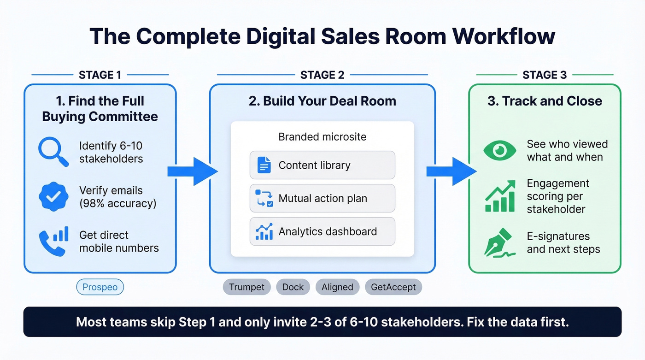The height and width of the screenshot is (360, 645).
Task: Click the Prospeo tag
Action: point(100,287)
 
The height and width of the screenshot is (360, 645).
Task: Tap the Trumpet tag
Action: point(246,287)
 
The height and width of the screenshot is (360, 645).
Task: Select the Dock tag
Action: point(293,287)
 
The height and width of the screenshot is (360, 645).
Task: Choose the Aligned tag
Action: point(337,287)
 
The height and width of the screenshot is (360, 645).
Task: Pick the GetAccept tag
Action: point(393,287)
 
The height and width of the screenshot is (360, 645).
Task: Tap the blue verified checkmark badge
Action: point(54,197)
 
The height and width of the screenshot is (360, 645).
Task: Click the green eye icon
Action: point(499,150)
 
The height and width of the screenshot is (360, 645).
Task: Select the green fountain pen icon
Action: point(499,242)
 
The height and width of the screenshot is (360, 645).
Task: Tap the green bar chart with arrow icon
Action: point(500,196)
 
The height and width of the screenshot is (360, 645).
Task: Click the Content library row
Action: point(322,165)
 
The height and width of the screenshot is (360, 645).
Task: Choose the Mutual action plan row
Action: point(322,198)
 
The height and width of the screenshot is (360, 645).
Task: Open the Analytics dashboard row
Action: point(322,231)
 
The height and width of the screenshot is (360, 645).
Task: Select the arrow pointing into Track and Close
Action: point(451,171)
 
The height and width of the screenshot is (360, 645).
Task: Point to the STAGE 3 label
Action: point(544,75)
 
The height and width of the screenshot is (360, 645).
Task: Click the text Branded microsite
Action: point(322,137)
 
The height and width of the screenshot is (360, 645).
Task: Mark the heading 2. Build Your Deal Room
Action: point(322,101)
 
